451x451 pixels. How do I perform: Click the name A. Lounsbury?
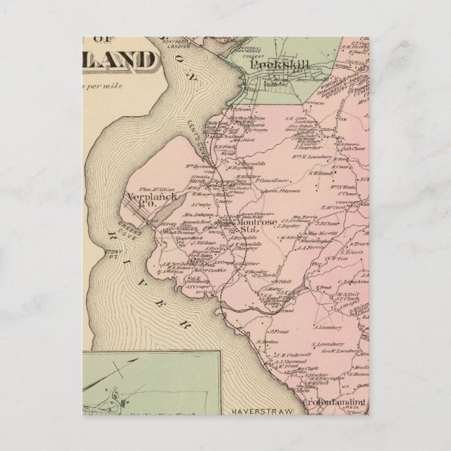point(327,327)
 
